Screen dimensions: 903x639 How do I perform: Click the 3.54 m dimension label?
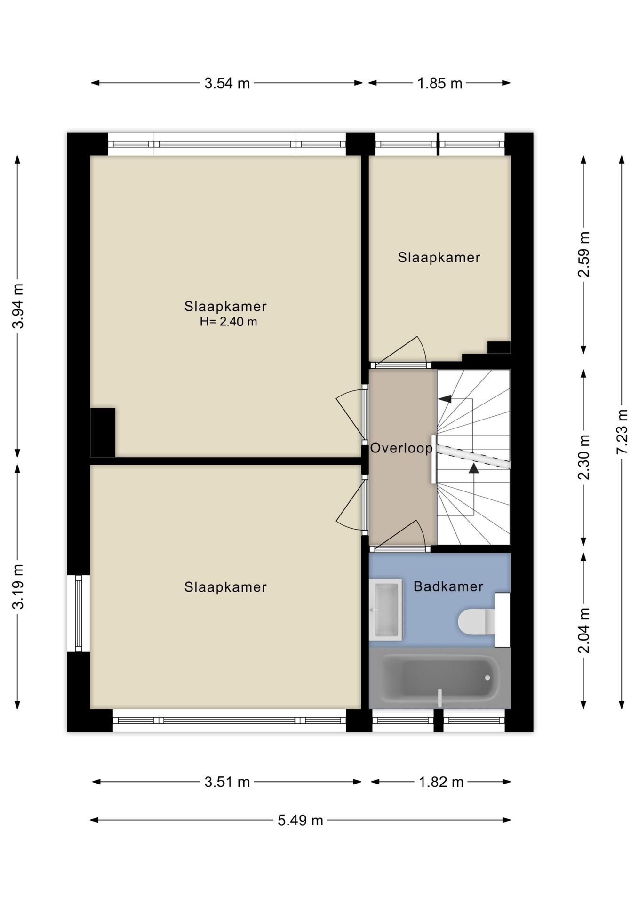(227, 83)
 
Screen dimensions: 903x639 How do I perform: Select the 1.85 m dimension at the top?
(439, 83)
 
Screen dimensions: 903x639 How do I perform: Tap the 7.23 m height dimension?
(622, 431)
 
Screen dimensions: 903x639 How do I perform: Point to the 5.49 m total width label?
(300, 821)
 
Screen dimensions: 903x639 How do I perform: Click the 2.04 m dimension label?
(583, 630)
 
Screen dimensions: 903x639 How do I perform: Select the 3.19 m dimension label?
(18, 586)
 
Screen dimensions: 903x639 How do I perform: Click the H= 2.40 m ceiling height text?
(228, 322)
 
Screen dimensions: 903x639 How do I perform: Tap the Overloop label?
(401, 448)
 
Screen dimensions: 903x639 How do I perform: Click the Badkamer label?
(448, 586)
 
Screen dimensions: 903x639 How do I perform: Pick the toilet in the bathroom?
(476, 621)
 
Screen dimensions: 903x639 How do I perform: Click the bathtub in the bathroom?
(439, 678)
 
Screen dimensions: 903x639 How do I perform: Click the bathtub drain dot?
(487, 678)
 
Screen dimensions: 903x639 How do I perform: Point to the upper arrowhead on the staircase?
(445, 399)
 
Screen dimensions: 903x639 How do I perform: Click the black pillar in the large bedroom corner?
(103, 432)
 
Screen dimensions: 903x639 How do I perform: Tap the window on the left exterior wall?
(78, 613)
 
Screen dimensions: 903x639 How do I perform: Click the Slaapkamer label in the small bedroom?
(439, 258)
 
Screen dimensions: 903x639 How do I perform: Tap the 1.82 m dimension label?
(441, 782)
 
